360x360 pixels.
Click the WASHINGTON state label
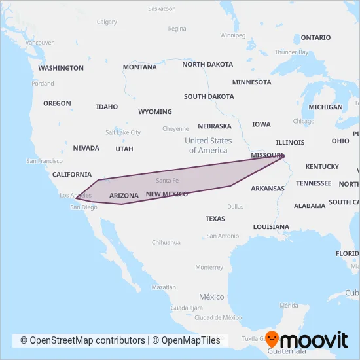point(61,68)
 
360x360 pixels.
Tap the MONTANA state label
point(139,67)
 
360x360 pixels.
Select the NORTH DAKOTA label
point(207,65)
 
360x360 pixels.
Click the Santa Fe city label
point(167,180)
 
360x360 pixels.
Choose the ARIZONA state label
point(124,196)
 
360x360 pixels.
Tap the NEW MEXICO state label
point(167,194)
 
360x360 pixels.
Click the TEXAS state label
point(215,219)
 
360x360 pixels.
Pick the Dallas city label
point(236,206)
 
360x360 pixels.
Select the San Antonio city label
point(223,236)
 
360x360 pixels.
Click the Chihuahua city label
point(166,242)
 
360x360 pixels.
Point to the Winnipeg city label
point(232,35)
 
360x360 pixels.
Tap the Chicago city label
point(304,121)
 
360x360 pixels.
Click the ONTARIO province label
point(315,37)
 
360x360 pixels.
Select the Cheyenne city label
point(175,128)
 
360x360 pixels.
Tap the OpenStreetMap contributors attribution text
point(82,340)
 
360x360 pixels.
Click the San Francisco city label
point(45,161)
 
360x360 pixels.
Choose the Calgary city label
point(107,22)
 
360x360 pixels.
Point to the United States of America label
point(208,145)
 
